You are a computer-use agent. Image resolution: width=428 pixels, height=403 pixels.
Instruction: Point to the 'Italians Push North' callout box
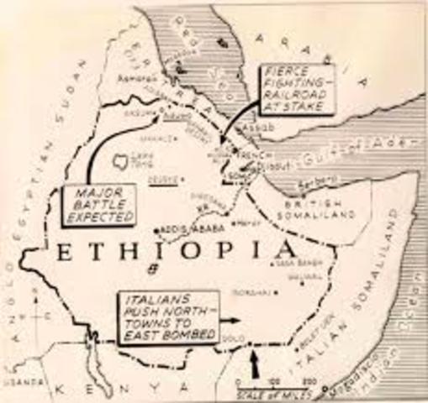166,316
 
